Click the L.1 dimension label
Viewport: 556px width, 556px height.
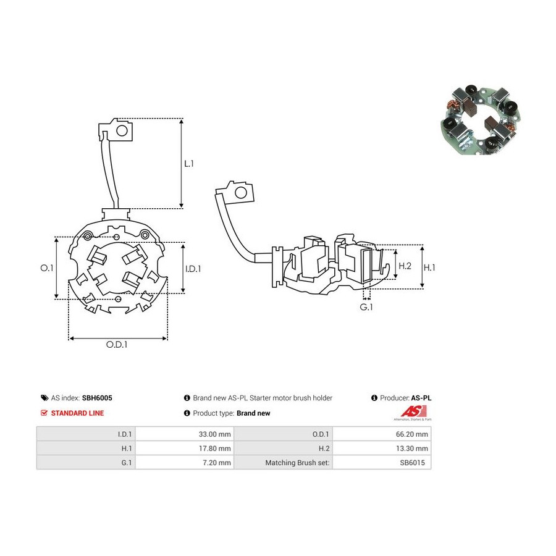189,164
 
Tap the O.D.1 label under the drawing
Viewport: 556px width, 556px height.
117,344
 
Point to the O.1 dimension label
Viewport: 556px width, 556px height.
47,268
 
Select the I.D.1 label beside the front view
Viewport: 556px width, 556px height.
193,269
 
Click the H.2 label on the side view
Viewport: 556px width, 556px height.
405,266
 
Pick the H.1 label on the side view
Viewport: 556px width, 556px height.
429,267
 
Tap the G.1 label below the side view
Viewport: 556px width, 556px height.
366,307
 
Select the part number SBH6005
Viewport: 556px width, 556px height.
97,398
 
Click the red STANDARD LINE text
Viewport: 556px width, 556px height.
77,413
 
